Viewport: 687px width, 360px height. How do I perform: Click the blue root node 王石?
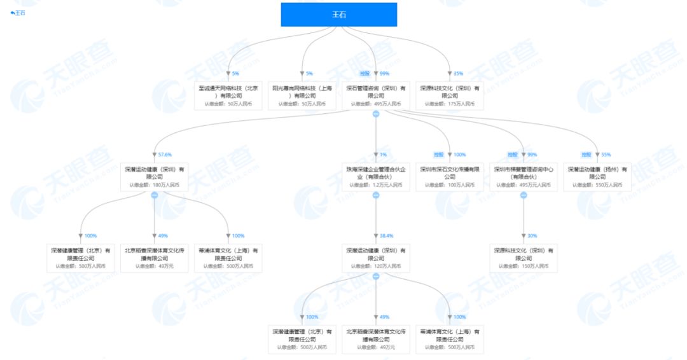tap(338, 15)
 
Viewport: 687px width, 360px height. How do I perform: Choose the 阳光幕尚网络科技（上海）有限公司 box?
tap(302, 95)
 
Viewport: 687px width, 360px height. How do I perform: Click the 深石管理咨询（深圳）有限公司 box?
tap(376, 95)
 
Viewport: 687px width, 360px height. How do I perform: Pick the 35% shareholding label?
tap(458, 74)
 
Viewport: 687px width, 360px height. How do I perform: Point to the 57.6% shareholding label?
tap(165, 155)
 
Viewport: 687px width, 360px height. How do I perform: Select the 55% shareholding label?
tap(606, 155)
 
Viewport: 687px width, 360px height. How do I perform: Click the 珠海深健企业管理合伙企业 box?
tap(376, 176)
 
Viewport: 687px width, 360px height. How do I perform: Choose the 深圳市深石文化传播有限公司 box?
tap(450, 176)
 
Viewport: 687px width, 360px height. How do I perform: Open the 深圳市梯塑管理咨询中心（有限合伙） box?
tap(524, 176)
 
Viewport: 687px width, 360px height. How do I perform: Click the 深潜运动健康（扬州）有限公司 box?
tap(597, 176)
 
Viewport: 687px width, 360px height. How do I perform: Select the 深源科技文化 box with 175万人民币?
tap(450, 95)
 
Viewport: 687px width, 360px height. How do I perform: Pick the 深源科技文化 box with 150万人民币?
tap(524, 257)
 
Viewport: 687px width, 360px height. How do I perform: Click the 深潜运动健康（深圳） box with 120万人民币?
tap(376, 257)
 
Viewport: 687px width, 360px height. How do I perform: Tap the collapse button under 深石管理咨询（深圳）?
tap(376, 114)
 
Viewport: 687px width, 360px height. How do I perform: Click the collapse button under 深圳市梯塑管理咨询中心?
tap(524, 195)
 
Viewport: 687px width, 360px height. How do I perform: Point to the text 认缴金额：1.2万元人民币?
tap(376, 185)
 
